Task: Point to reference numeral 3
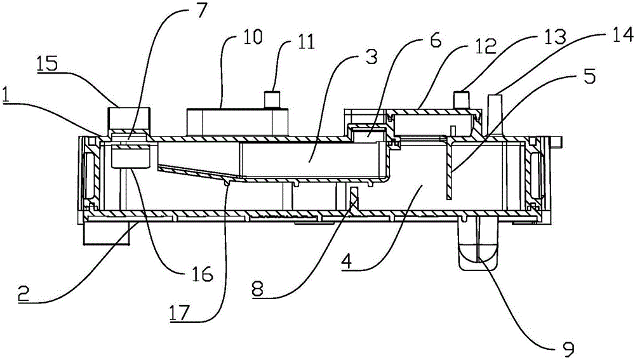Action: [x=370, y=57]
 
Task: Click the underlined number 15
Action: [x=47, y=64]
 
